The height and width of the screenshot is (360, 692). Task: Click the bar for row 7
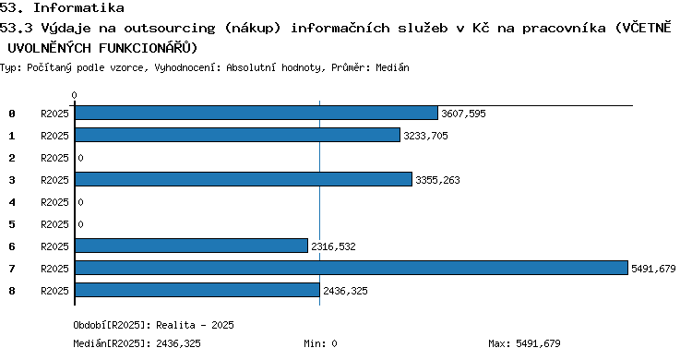pyautogui.click(x=352, y=268)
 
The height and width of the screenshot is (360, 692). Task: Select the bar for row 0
pyautogui.click(x=257, y=113)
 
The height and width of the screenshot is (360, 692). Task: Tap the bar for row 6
pyautogui.click(x=191, y=246)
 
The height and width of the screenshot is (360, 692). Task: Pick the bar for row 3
pyautogui.click(x=244, y=179)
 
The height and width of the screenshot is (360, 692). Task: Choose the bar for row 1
pyautogui.click(x=237, y=135)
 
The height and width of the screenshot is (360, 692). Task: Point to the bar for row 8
pyautogui.click(x=197, y=290)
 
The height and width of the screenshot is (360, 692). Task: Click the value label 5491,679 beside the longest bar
pyautogui.click(x=653, y=269)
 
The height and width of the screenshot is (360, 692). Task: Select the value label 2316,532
pyautogui.click(x=333, y=246)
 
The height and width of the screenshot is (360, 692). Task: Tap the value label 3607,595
pyautogui.click(x=463, y=114)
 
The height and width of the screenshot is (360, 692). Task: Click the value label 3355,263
pyautogui.click(x=437, y=180)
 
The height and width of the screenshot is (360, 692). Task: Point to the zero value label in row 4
pyautogui.click(x=80, y=202)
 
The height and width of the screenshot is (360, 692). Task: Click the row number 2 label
pyautogui.click(x=12, y=158)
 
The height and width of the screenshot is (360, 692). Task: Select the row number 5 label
pyautogui.click(x=12, y=224)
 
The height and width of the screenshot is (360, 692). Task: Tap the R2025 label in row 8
pyautogui.click(x=54, y=291)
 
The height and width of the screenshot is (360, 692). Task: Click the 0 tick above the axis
pyautogui.click(x=74, y=95)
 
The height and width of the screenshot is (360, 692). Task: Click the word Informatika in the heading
pyautogui.click(x=78, y=7)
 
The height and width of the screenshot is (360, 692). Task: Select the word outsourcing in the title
pyautogui.click(x=170, y=28)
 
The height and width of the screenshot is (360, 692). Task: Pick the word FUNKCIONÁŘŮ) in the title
pyautogui.click(x=149, y=47)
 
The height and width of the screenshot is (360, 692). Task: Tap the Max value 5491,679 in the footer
pyautogui.click(x=538, y=343)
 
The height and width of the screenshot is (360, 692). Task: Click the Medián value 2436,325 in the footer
pyautogui.click(x=178, y=343)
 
